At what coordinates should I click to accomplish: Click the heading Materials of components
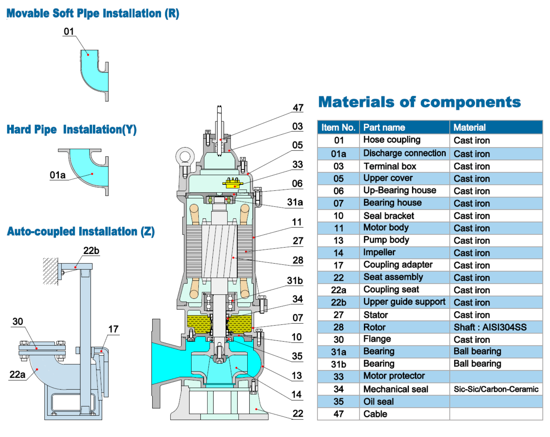click(419, 102)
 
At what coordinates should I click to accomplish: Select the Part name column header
click(384, 128)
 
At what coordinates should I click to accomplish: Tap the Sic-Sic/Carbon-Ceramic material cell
click(496, 389)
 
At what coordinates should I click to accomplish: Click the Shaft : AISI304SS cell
click(490, 327)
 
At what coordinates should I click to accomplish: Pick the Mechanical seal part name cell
click(396, 389)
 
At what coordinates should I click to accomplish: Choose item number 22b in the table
click(338, 303)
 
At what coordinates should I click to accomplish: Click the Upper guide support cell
click(404, 302)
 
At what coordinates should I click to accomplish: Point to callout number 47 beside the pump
click(298, 108)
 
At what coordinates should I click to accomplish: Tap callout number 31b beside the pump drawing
click(295, 281)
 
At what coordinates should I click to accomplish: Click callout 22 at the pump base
click(298, 414)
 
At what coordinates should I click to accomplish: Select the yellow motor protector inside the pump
click(233, 183)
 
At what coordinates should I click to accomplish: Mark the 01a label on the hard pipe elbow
click(57, 175)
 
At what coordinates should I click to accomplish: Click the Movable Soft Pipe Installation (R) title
click(93, 14)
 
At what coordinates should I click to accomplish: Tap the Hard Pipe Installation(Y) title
click(71, 130)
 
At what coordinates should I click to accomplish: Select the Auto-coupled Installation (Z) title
click(81, 232)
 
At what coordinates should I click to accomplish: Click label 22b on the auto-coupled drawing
click(91, 251)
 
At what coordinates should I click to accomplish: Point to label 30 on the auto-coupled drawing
click(18, 321)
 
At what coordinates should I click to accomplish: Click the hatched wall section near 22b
click(50, 271)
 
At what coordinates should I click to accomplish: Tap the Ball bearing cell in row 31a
click(477, 352)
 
